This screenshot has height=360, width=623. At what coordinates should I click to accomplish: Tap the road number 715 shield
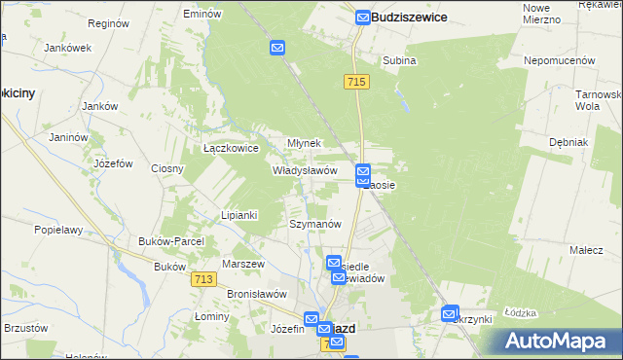355,84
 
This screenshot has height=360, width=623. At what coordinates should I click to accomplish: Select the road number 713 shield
202,279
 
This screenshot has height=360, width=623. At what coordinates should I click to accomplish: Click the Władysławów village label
305,169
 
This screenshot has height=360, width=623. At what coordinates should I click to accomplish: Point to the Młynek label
304,143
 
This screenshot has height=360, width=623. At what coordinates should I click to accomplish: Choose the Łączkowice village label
230,149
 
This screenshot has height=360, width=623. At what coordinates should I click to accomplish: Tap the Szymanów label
314,224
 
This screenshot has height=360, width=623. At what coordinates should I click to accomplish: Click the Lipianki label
238,215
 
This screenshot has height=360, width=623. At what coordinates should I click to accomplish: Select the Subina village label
399,60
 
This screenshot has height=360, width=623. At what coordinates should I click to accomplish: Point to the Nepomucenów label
559,60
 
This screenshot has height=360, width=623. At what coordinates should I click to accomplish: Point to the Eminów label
202,15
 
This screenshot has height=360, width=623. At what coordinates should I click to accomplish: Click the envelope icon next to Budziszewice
362,18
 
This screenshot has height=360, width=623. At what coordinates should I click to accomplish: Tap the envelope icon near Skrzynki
449,314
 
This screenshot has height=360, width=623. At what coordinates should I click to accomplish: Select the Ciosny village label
167,168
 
